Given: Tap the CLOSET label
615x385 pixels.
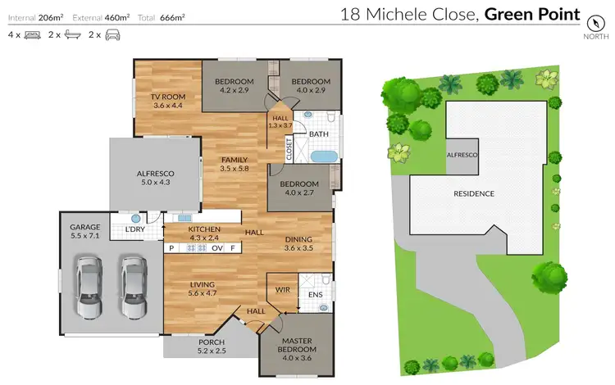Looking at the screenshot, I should pos(289,148).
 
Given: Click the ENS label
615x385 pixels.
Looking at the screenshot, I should pos(315,294).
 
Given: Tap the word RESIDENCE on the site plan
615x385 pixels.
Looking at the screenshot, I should pos(474,193).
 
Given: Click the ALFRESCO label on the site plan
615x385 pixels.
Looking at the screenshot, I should pos(462,154).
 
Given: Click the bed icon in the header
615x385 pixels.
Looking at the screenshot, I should pos(34,35).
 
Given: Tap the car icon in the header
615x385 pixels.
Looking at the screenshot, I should pos(114,35).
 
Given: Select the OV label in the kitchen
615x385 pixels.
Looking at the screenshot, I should pos(217,247).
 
